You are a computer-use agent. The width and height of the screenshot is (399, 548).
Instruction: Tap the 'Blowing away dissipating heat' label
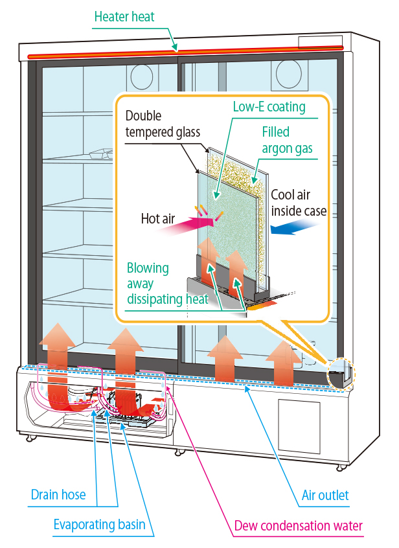coord(167,283)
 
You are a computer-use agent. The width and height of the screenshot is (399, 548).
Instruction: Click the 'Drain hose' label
coord(58,495)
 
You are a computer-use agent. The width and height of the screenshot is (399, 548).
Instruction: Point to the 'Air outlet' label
coord(325,496)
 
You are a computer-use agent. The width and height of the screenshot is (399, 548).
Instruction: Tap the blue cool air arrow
coord(294,227)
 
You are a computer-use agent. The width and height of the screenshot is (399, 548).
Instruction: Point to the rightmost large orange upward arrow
coord(283,363)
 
